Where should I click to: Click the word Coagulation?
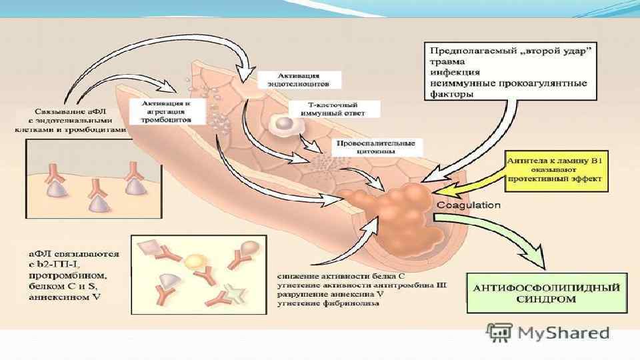(468, 205)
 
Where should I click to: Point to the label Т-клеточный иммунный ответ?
(335, 109)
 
